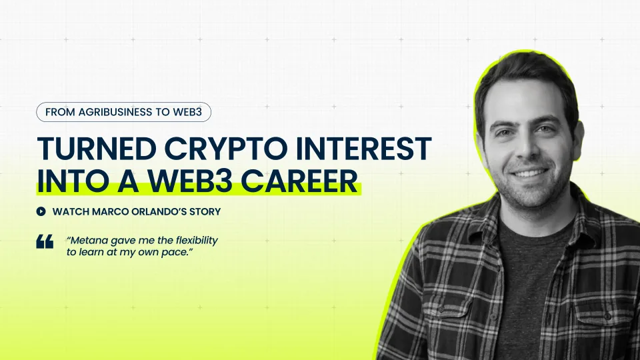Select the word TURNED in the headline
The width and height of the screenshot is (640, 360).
[97, 149]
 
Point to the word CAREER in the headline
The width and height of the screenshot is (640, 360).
[299, 181]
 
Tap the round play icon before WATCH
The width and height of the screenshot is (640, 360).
[41, 211]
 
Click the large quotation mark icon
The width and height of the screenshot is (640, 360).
[45, 241]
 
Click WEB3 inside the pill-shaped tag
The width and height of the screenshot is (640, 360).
[187, 112]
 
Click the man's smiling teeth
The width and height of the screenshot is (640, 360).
[529, 173]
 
